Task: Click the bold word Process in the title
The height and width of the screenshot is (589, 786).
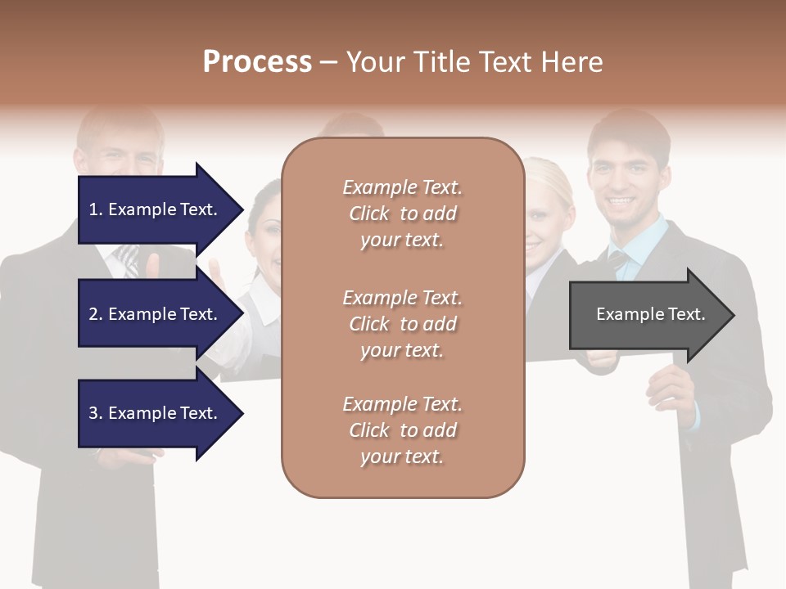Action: (257, 62)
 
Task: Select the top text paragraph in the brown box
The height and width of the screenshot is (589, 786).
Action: (402, 214)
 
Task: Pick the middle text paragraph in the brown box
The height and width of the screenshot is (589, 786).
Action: (402, 324)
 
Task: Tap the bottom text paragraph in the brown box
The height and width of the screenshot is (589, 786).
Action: (402, 430)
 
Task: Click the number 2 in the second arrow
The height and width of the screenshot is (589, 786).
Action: (93, 314)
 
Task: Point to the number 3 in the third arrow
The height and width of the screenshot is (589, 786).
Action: (93, 413)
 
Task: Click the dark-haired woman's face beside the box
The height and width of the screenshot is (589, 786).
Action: (265, 233)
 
